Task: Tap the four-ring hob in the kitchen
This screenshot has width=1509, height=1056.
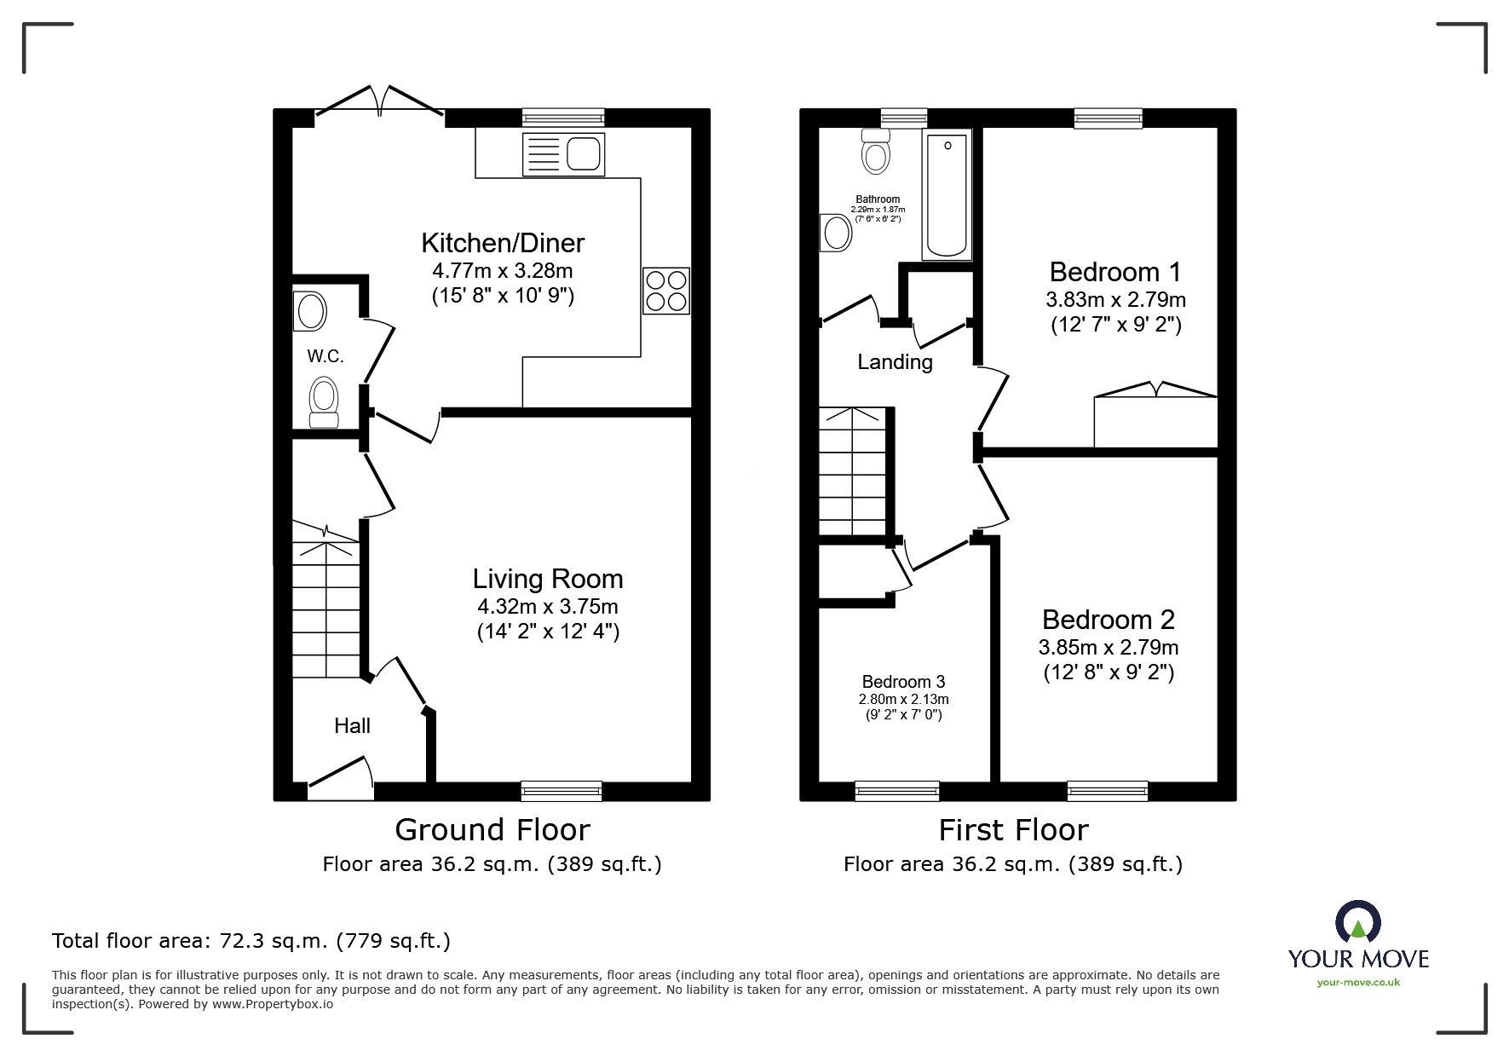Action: point(666,291)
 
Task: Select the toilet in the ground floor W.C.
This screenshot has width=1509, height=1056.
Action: point(324,402)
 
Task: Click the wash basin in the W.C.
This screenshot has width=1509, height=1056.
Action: point(310,311)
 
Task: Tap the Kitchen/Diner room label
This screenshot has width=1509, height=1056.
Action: point(503,243)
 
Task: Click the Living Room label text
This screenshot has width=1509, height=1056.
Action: point(548,579)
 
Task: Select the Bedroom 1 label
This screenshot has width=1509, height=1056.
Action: point(1115,272)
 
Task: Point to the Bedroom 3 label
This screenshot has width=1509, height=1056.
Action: point(903,682)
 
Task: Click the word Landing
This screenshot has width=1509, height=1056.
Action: point(895,362)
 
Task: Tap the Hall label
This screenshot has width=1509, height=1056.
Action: point(352,725)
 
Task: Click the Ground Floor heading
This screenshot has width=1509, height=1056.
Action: point(492,829)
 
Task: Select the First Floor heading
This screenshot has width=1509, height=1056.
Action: point(1013,829)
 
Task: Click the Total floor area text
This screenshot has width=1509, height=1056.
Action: point(251,941)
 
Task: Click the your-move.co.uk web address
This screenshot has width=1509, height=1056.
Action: point(1358,983)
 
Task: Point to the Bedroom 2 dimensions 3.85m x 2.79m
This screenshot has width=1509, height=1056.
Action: point(1109,647)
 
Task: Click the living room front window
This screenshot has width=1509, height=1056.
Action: point(562,791)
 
